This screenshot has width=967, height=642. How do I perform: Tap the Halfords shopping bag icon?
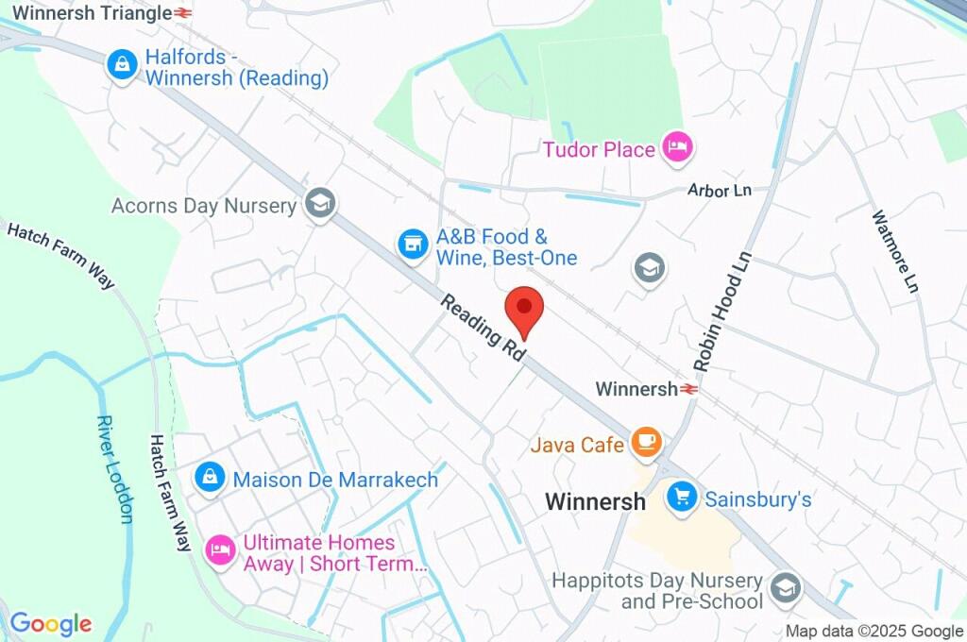[121, 65]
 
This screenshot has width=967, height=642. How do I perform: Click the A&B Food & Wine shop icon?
[410, 245]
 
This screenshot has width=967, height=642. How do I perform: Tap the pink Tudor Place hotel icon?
[677, 146]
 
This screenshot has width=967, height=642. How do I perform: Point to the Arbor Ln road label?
[720, 191]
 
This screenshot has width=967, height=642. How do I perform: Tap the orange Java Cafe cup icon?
[646, 442]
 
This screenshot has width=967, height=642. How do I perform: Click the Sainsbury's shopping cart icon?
[681, 497]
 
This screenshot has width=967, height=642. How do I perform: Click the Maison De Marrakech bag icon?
[209, 478]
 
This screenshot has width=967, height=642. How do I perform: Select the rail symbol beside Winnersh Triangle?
[183, 13]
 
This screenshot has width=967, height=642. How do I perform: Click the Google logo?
[50, 623]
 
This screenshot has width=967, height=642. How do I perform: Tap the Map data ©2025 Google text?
[874, 631]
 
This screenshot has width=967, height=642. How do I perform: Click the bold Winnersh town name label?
[595, 501]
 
